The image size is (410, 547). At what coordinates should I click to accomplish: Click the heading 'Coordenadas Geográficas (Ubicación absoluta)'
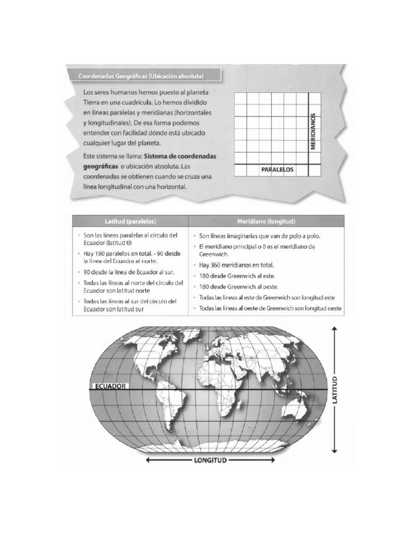coord(141,76)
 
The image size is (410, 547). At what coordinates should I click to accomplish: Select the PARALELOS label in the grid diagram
coord(278,169)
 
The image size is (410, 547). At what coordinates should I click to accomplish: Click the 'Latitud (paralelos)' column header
coord(130,221)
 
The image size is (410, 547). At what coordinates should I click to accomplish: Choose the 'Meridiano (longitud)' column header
coord(266,221)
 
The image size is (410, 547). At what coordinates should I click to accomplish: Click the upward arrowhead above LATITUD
coord(335,330)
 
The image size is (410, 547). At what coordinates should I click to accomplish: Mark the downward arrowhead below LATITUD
coord(335,451)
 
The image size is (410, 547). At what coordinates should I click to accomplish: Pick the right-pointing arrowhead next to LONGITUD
coord(274,459)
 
